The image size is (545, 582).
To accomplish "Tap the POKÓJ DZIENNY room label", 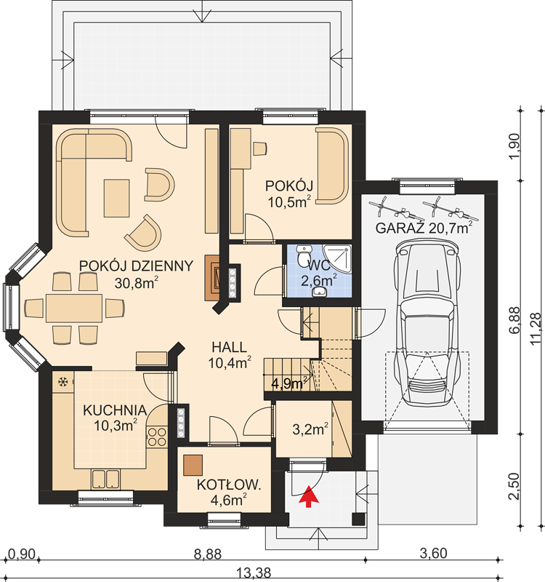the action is coord(136,266).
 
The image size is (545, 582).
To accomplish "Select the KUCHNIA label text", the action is coord(115,410).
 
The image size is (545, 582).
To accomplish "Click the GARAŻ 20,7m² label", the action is coord(424,228).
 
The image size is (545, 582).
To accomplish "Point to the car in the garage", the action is coord(427,322).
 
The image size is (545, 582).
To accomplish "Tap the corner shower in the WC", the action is coord(336,259).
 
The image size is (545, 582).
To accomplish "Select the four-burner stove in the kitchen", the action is coord(157,437).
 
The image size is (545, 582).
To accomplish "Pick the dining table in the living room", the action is coord(74,308).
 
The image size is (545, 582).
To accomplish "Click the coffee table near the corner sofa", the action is coord(116,198).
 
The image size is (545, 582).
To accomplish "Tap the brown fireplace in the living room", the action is coord(213,277).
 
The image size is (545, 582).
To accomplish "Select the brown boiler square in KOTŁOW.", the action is coord(193,465).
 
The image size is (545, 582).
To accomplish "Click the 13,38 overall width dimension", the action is coord(254,573).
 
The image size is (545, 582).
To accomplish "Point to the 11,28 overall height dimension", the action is coord(536,329).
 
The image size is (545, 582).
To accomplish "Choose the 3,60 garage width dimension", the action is coord(433,554).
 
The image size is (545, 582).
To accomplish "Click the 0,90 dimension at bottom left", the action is coord(21,554).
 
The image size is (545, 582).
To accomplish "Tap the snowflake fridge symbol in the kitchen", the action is coord(63,381).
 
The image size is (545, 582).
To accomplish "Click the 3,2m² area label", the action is coord(310,429).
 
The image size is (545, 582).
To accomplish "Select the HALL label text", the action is coord(229,347).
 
